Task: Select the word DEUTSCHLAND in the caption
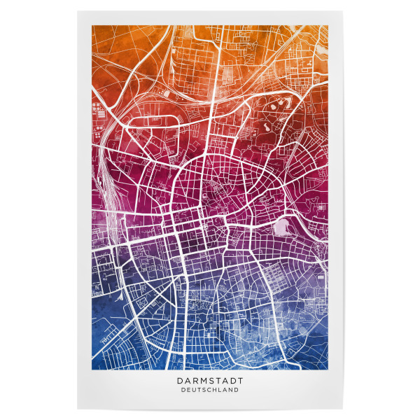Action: [x=209, y=390]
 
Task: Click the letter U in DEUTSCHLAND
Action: [x=190, y=390]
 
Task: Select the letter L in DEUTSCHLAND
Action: [x=220, y=390]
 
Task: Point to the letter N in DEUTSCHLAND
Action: [x=231, y=390]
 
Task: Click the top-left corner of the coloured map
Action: [x=92, y=27]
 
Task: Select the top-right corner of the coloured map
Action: [x=327, y=27]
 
